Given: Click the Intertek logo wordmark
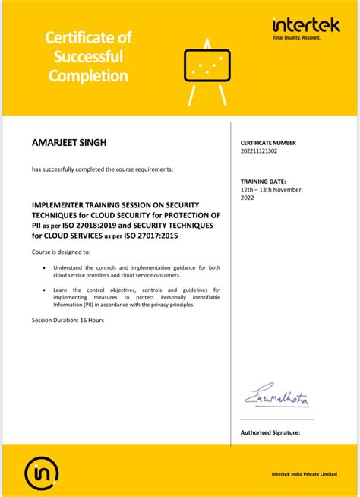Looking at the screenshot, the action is [x=306, y=26].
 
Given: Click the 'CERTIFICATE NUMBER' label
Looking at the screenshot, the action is [x=268, y=143].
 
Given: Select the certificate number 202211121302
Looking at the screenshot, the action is [x=259, y=150].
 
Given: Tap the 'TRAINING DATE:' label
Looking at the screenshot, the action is [x=263, y=182].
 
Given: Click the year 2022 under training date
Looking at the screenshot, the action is [x=248, y=197].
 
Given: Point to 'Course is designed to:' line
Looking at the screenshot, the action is [x=61, y=251].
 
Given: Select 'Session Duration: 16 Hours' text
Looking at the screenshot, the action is [x=68, y=321].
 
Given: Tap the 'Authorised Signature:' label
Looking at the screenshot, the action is [x=270, y=432].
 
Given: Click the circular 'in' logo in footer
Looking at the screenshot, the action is [x=38, y=473].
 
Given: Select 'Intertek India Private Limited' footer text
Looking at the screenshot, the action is [x=304, y=474].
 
